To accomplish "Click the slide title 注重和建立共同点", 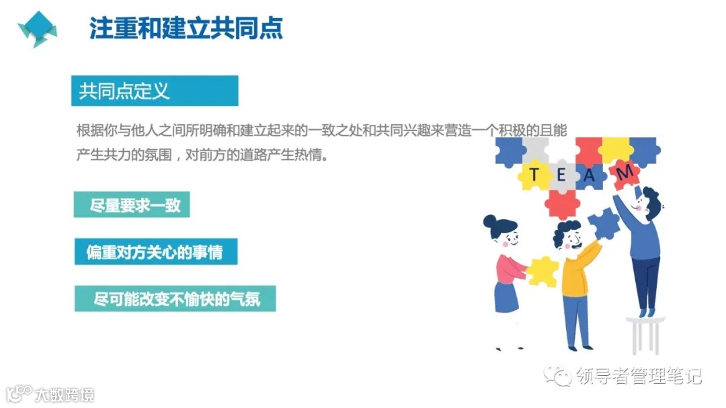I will click(x=186, y=28).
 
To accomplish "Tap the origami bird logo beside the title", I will click(x=37, y=29).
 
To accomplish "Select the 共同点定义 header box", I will click(x=155, y=91).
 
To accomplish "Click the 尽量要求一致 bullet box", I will click(x=132, y=204).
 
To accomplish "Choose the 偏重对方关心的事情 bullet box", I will click(x=155, y=252).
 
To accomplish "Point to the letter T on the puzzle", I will click(x=534, y=175).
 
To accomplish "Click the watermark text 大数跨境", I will click(x=65, y=394).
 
